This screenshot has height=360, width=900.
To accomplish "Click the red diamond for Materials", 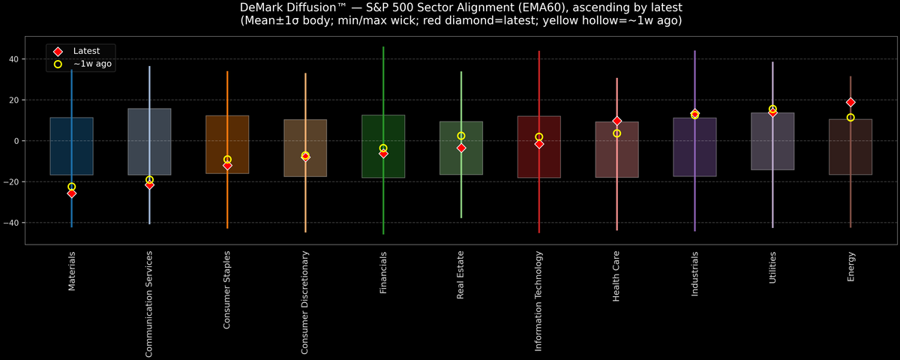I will (x=71, y=193).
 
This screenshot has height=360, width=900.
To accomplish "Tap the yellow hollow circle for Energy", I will (x=850, y=118).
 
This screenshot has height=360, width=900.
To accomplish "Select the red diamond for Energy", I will (x=850, y=102).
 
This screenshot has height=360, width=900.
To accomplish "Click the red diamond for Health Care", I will (x=616, y=121).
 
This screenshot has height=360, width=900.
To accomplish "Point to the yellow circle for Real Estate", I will (x=461, y=136).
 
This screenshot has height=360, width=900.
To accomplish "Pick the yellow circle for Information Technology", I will (x=539, y=137).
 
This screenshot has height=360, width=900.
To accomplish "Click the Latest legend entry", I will (x=85, y=51).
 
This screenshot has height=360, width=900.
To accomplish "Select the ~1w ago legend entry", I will (x=92, y=64).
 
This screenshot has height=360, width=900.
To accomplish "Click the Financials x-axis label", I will (x=383, y=273).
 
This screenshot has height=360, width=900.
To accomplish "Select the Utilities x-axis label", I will (x=772, y=267).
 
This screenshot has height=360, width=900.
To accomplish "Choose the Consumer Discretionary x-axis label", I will (x=305, y=303).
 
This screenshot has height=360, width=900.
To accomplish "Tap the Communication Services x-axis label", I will (x=149, y=304).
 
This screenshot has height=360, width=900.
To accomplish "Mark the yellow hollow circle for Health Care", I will (x=616, y=133).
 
